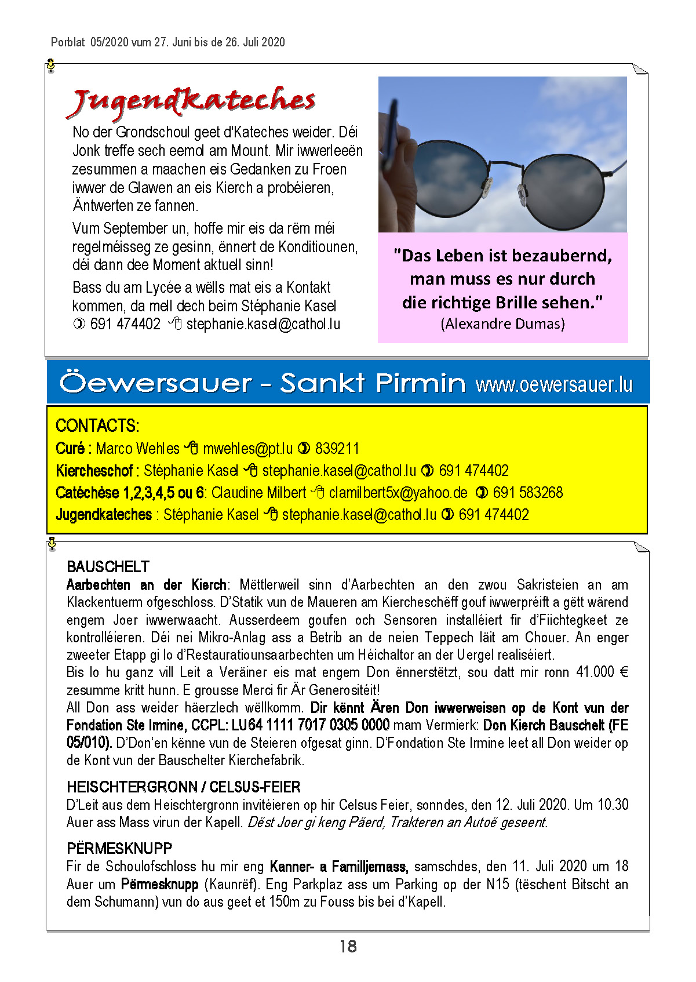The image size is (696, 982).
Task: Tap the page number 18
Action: click(x=348, y=947)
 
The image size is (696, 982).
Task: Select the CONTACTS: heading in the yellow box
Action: click(x=97, y=426)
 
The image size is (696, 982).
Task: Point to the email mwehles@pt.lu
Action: click(x=247, y=449)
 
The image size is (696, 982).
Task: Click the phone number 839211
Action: click(x=337, y=449)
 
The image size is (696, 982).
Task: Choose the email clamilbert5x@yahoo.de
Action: click(x=398, y=493)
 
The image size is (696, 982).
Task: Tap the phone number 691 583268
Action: click(x=527, y=493)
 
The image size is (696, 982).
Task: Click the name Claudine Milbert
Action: click(x=258, y=493)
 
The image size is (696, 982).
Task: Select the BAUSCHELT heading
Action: click(x=108, y=566)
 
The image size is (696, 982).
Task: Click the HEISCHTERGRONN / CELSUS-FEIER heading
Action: click(x=184, y=787)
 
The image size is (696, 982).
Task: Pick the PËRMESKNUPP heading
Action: click(x=119, y=849)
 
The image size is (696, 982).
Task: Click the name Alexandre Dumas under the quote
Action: click(x=502, y=323)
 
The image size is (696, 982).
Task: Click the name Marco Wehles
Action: click(x=137, y=449)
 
